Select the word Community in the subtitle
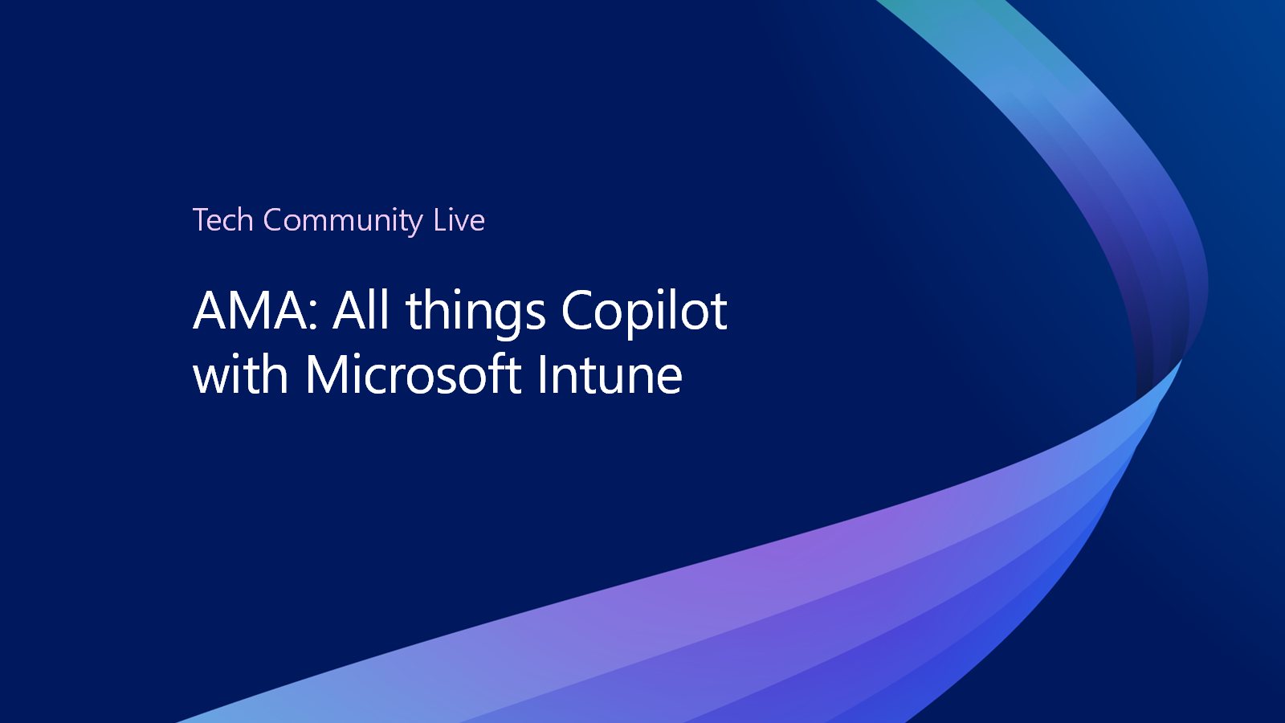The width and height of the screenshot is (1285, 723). point(343,222)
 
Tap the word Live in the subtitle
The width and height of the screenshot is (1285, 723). point(459,220)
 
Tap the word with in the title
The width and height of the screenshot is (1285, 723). point(240,374)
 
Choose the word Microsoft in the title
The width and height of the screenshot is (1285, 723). point(413,374)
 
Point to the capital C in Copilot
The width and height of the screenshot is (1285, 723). point(577,310)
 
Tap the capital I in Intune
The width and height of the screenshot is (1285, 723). point(541,374)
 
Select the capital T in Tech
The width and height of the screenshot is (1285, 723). point(202,220)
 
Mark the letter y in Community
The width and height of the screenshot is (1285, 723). point(416,225)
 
